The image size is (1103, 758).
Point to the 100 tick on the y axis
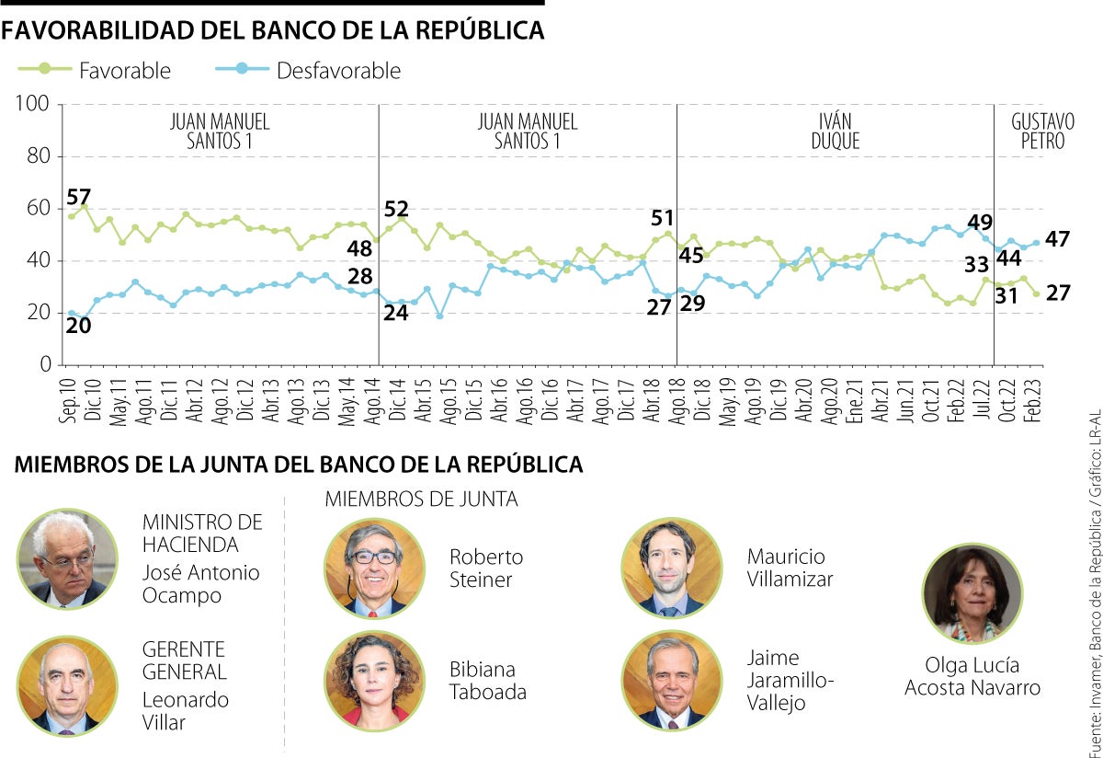click(31, 105)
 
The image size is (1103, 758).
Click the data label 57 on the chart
click(79, 196)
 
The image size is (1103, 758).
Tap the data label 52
click(396, 210)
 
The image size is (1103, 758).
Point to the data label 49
click(980, 222)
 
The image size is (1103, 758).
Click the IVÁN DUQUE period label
click(835, 132)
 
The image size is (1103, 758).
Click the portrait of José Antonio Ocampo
click(67, 559)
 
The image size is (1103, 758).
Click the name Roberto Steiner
click(486, 568)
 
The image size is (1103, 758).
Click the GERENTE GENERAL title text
click(184, 660)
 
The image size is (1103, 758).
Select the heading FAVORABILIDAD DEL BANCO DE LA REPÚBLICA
click(273, 29)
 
